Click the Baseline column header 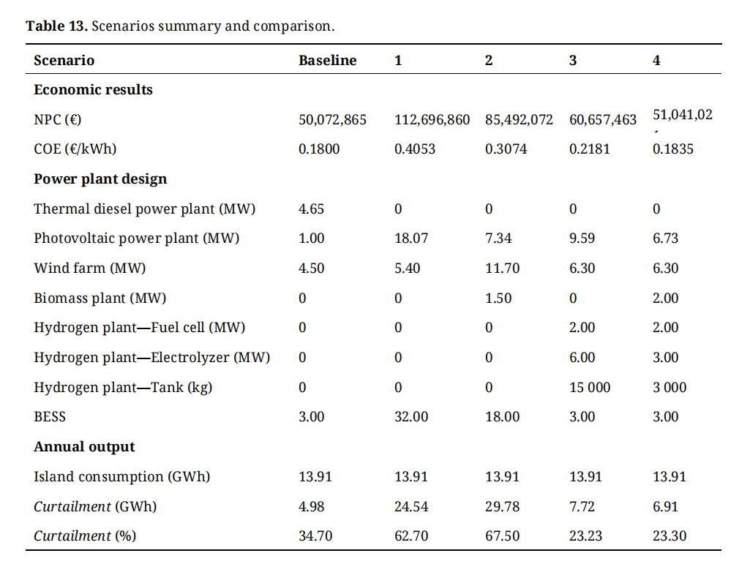click(327, 61)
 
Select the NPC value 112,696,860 click(432, 119)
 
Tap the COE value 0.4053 click(414, 149)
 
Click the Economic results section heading click(93, 90)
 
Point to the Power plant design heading click(100, 179)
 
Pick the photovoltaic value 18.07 click(411, 238)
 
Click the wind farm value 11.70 click(502, 268)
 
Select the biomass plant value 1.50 click(498, 298)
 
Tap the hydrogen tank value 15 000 click(589, 388)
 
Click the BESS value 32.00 click(411, 417)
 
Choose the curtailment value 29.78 click(502, 506)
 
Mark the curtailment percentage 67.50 click(502, 536)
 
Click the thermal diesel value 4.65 click(311, 209)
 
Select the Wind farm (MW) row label click(90, 268)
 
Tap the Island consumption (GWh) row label click(121, 477)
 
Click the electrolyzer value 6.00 click(582, 358)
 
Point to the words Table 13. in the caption click(57, 26)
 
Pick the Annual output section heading click(84, 447)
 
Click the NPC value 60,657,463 click(603, 119)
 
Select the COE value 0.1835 click(672, 149)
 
